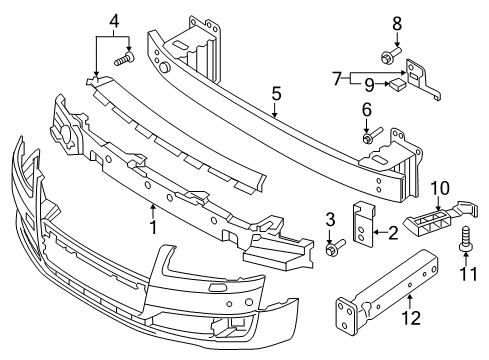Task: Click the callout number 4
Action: point(114,21)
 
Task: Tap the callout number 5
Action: point(276,94)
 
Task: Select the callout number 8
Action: point(397,24)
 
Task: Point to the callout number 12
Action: point(411,318)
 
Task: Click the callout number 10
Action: point(440,188)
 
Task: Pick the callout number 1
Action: point(153,227)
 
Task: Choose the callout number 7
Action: point(337,79)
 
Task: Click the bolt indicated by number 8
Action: point(392,56)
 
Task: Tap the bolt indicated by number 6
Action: point(371,136)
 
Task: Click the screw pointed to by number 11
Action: point(466,238)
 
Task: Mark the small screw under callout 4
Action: point(124,58)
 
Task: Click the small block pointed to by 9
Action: point(397,83)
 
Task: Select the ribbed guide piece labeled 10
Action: point(442,219)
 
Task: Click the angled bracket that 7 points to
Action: point(422,80)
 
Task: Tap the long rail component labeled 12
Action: point(387,291)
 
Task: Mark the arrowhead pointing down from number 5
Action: point(275,115)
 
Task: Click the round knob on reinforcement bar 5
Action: point(164,67)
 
